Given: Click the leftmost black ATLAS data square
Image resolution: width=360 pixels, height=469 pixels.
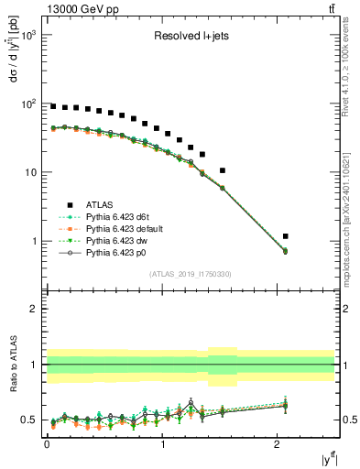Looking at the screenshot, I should [53, 106].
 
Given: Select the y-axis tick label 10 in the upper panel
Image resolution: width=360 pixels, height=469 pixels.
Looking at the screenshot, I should [29, 172].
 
